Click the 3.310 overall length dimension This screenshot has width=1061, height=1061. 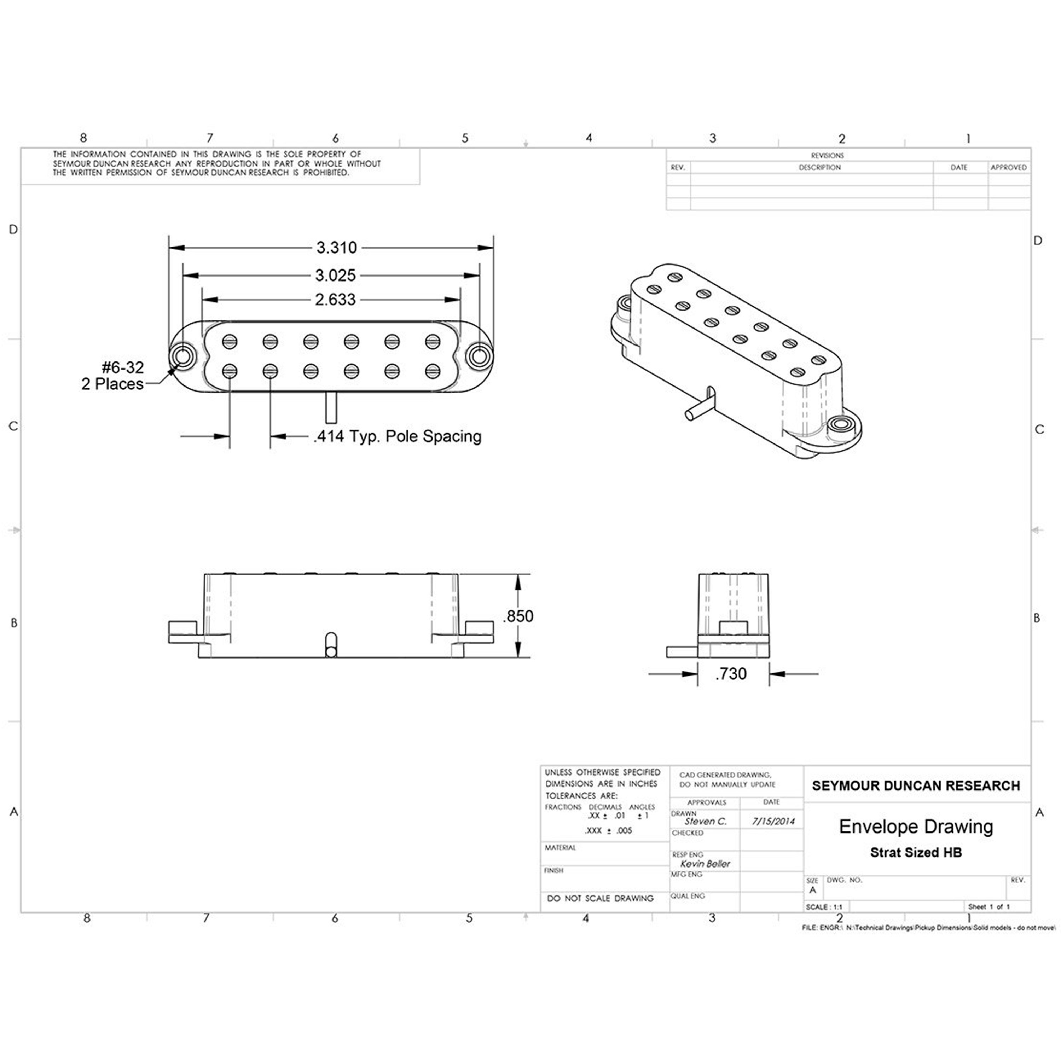point(336,248)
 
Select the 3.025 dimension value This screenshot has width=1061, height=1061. point(335,275)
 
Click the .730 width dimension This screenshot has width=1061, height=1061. point(731,674)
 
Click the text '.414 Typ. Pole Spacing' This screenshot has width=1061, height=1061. point(397,436)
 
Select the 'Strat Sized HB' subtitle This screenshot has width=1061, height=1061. point(916,853)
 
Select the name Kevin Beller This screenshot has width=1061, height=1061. point(705,864)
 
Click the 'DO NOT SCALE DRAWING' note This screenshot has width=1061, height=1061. point(600,898)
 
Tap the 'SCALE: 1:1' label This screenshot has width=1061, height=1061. point(824,907)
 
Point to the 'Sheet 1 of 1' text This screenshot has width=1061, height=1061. point(988,907)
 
